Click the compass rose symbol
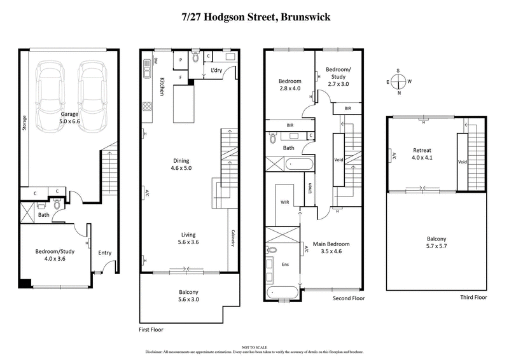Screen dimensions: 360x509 [398, 81]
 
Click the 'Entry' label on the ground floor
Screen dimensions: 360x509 [105, 253]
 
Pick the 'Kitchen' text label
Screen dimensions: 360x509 [163, 87]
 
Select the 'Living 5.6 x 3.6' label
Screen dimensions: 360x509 [189, 238]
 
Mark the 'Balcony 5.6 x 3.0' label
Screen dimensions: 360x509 [190, 296]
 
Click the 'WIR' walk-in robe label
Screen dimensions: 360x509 [285, 202]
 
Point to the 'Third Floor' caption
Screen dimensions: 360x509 [473, 297]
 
